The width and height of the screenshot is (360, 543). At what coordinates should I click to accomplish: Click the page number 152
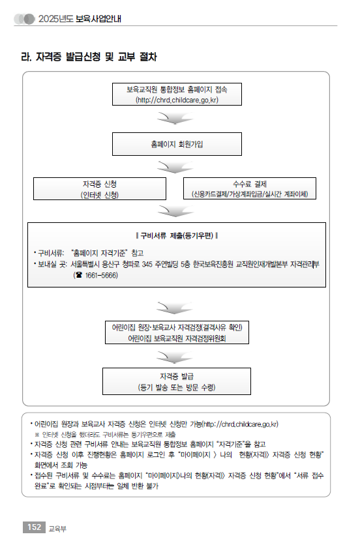[34, 527]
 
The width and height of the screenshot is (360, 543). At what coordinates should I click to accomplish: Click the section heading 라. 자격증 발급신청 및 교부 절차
[89, 57]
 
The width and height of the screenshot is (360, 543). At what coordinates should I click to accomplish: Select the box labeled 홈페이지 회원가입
[177, 144]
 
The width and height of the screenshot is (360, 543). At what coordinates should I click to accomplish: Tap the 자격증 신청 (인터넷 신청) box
[100, 189]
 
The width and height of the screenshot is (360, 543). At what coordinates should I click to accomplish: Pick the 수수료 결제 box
[250, 189]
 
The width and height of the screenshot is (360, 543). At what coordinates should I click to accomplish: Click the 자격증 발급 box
[177, 381]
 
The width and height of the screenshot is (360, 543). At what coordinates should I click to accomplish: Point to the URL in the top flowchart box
[177, 100]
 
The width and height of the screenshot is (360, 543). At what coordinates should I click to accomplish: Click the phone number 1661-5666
[101, 275]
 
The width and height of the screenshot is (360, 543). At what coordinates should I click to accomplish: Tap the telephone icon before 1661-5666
[79, 275]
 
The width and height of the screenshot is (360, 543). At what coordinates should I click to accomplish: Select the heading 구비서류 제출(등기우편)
[177, 236]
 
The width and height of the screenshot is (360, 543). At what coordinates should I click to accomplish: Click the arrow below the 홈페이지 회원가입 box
[175, 167]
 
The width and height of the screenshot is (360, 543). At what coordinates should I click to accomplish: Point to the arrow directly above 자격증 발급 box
[175, 357]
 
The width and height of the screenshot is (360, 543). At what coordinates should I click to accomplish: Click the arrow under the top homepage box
[175, 118]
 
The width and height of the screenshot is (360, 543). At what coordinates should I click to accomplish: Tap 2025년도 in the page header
[56, 19]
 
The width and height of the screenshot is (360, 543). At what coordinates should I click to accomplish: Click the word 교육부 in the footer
[57, 529]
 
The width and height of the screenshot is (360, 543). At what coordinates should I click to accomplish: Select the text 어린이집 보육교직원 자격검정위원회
[177, 338]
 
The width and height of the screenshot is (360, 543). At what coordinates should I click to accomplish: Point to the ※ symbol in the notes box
[37, 435]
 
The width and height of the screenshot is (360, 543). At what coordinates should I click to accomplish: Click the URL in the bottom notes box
[240, 424]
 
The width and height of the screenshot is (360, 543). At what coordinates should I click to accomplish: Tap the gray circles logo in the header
[24, 19]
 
